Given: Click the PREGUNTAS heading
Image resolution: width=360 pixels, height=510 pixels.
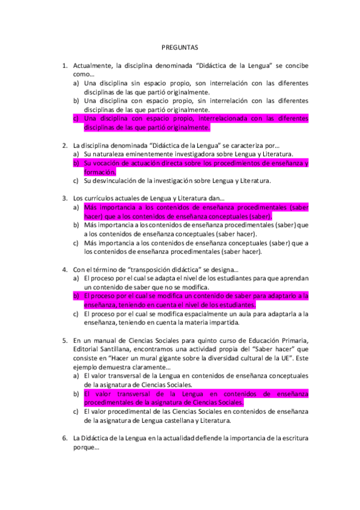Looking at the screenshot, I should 180,46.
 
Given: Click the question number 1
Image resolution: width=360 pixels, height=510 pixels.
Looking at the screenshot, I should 64,64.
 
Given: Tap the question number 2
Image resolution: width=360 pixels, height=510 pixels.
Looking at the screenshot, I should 64,145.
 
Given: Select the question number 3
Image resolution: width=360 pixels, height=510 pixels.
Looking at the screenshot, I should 64,198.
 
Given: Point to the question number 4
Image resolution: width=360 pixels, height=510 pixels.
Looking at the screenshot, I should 64,269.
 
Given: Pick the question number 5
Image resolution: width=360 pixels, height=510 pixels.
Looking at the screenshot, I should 64,340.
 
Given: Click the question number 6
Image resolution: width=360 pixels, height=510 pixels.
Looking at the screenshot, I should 64,438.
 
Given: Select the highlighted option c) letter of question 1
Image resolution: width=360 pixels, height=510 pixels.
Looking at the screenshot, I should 76,118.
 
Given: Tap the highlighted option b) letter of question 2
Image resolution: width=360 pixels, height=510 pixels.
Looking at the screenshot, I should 76,163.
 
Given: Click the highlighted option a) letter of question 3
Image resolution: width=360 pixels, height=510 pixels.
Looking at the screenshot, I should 76,207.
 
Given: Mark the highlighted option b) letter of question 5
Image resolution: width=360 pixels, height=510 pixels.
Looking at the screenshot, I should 76,394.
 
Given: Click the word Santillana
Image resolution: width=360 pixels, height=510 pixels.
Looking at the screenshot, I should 116,349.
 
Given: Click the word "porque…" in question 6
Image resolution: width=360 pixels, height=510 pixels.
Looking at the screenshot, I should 85,447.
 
